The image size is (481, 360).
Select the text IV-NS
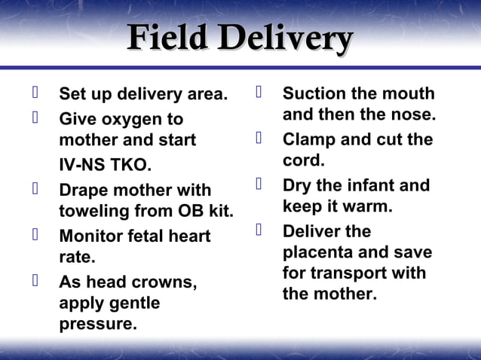82,165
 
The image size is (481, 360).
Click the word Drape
83,190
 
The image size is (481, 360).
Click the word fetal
146,236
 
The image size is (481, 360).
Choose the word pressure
98,325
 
